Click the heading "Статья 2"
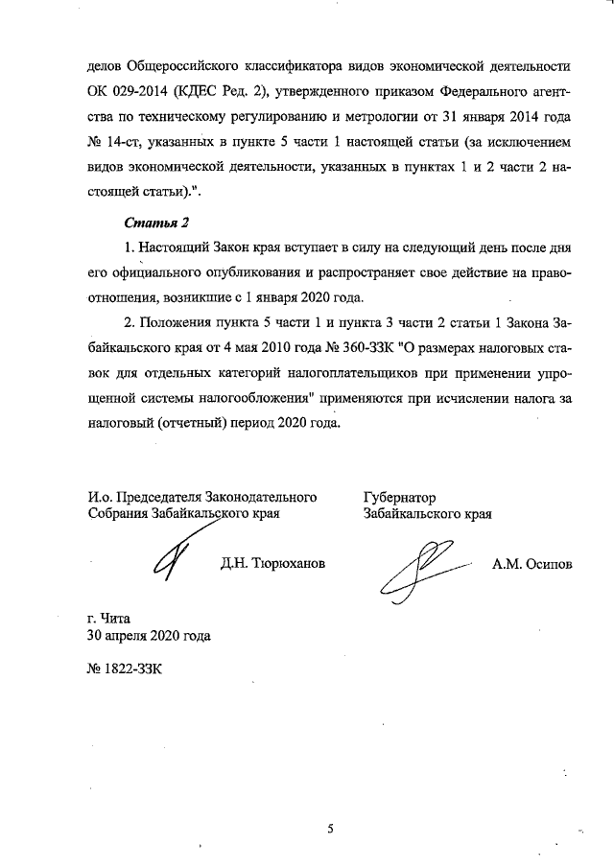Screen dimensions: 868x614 [159, 223]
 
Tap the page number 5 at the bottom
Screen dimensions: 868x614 [328, 829]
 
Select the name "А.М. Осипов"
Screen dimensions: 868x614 [531, 565]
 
